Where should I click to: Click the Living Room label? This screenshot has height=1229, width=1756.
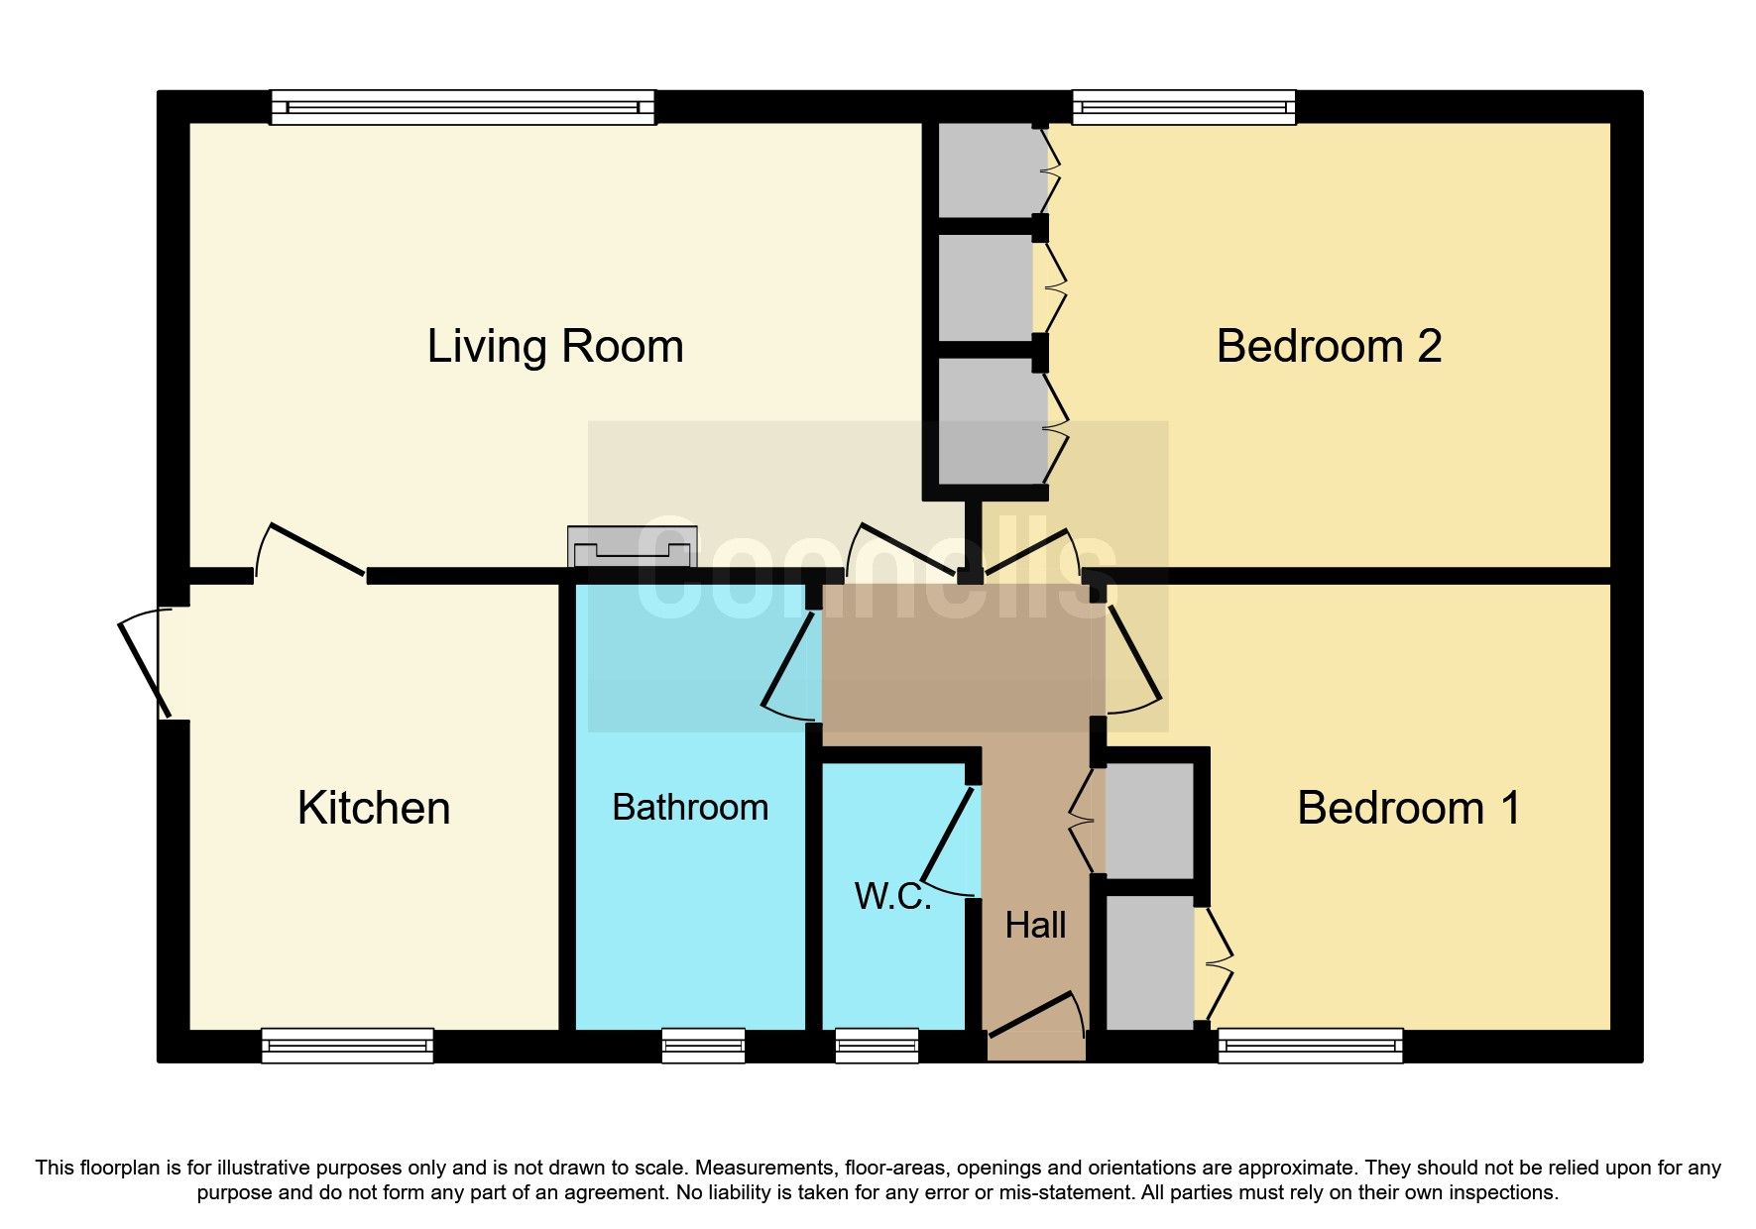555,347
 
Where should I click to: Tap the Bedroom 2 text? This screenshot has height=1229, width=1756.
1328,347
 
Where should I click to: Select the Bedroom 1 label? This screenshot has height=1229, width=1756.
1408,808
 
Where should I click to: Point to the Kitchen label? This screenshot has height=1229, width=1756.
374,808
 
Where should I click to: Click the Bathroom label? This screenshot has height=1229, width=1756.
690,807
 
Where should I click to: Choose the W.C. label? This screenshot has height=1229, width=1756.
892,896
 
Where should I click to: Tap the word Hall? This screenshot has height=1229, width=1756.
1035,925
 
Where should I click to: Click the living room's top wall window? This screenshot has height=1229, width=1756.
462,106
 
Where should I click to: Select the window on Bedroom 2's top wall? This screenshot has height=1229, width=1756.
1184,106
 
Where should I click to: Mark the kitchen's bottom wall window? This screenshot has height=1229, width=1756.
347,1046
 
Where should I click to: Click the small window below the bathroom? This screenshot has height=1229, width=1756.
703,1046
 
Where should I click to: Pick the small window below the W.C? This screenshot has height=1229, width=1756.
877,1046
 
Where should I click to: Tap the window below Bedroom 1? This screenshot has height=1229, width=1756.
1310,1046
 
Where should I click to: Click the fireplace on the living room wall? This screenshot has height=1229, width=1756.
632,547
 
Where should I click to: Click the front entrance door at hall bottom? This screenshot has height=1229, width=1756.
1033,1016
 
